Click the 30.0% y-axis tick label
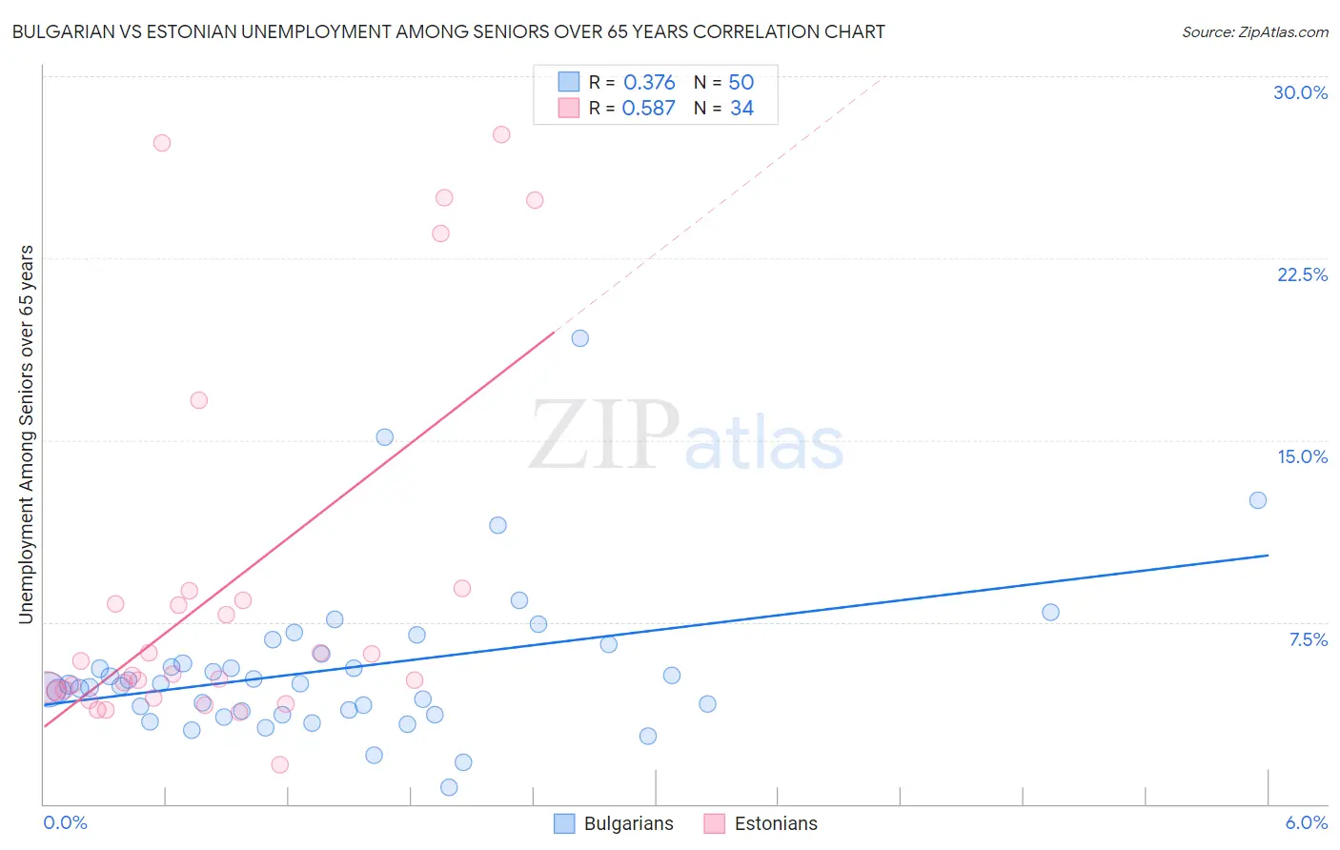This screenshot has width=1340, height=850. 1300,92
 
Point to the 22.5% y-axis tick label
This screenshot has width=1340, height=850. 1302,274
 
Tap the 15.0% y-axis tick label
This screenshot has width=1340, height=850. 1302,456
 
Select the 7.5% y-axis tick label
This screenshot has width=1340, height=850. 1308,639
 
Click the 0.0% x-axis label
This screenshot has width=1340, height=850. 65,822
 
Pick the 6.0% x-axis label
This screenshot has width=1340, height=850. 1306,822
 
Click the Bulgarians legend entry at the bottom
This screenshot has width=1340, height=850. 615,823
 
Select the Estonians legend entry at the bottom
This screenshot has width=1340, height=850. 761,823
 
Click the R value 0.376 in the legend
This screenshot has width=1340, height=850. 649,83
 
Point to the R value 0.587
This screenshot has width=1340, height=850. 648,109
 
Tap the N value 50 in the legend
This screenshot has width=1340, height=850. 741,83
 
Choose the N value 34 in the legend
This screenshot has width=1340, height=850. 741,109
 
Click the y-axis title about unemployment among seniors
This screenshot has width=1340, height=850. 26,435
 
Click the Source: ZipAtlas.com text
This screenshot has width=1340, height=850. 1254,31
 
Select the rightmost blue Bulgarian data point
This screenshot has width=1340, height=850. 1258,500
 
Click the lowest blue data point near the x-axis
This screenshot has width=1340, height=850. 449,787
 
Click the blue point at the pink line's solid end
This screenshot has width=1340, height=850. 579,338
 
